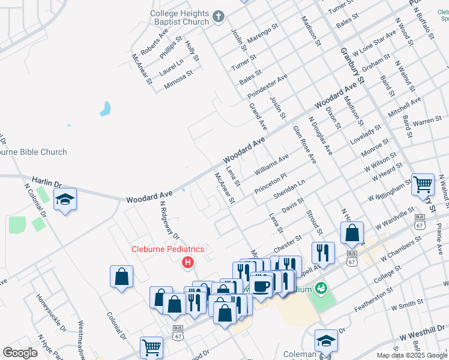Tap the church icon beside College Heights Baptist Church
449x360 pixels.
click(218, 17)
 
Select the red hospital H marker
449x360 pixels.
click(188, 262)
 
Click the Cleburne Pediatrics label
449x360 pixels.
click(168, 249)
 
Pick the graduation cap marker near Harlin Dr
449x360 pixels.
click(65, 200)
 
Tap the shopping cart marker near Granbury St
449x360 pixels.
click(423, 184)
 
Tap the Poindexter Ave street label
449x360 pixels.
click(268, 85)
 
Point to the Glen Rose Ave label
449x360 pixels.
click(304, 144)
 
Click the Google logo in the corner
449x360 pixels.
click(20, 353)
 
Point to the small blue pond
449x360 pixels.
click(106, 109)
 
